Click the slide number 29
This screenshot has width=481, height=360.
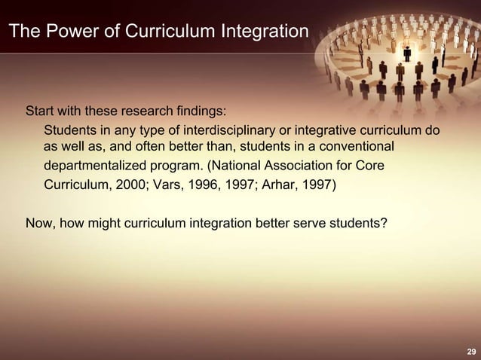tap(471, 352)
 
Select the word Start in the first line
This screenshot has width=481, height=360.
tap(41, 112)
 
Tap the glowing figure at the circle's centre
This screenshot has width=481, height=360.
tap(407, 54)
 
